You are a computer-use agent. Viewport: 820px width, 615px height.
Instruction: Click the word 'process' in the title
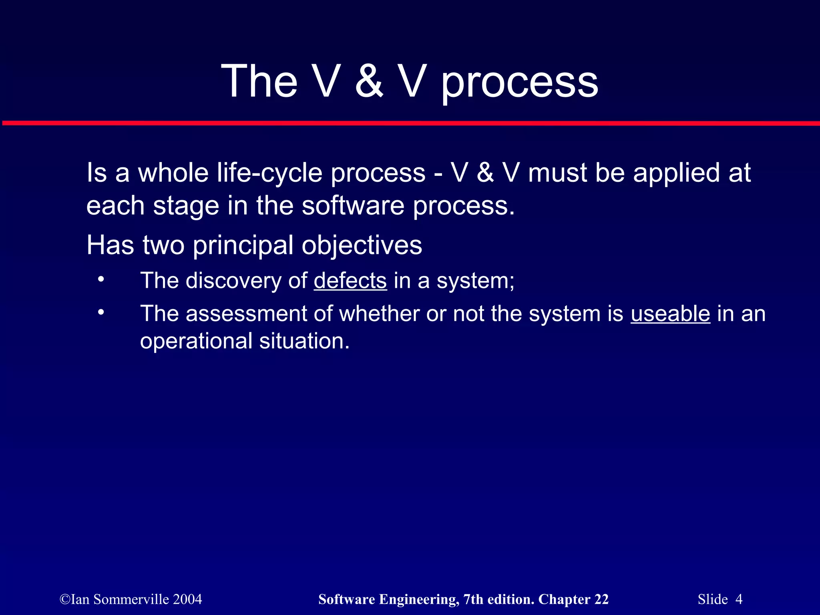(x=519, y=82)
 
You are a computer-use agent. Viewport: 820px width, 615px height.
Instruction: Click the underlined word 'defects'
(x=350, y=280)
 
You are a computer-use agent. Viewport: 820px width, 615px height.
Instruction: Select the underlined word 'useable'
(x=670, y=313)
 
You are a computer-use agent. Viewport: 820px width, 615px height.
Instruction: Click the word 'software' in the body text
(x=353, y=206)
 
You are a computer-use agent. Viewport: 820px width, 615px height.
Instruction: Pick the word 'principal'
(x=243, y=245)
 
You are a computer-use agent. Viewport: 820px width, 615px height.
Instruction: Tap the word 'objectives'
(x=362, y=245)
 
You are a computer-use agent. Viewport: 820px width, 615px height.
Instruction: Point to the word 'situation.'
(x=304, y=341)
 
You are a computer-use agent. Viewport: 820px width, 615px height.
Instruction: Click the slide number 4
(x=739, y=599)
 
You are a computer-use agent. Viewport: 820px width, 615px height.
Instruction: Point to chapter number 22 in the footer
(x=601, y=599)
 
